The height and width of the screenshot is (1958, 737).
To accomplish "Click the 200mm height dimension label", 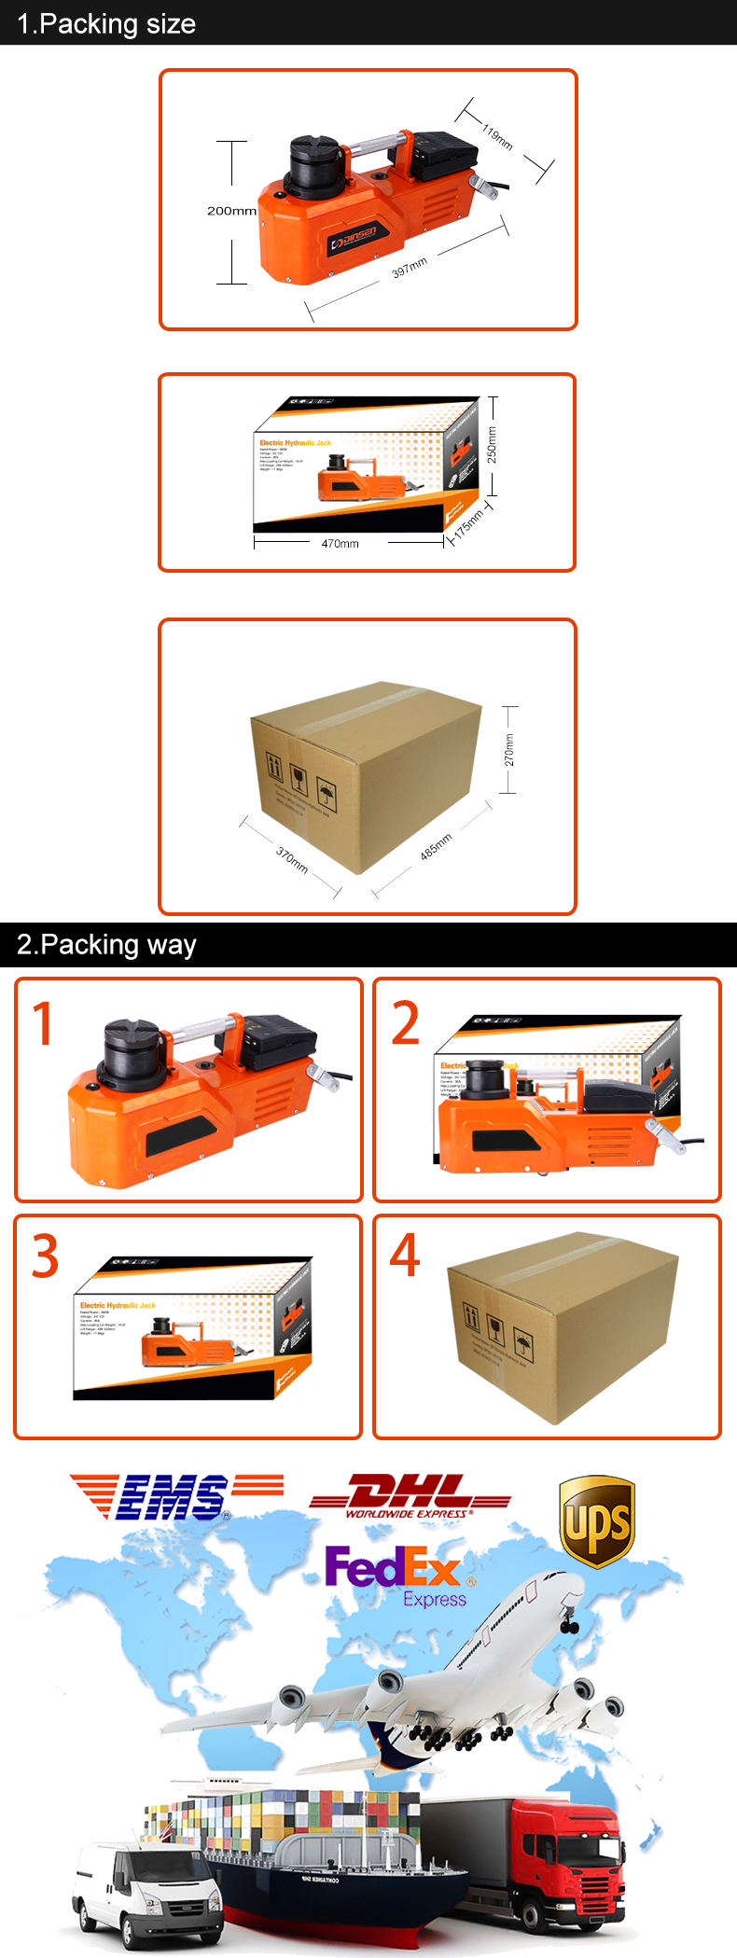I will coord(231,211).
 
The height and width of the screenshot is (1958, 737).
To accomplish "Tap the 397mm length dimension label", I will coord(410,267).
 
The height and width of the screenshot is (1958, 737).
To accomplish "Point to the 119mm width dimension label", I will coord(497,137).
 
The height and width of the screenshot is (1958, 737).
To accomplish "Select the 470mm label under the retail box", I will coord(340,544).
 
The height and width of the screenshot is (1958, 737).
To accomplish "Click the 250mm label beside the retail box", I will coord(492,445).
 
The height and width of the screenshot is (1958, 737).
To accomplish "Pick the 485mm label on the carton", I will coord(436,846).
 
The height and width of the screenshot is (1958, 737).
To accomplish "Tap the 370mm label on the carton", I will coord(292,859).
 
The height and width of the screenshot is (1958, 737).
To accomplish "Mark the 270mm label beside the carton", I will coord(508,750).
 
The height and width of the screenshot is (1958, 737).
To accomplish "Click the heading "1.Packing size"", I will coord(106,23).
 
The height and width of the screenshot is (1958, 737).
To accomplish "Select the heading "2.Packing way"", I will coord(106,945).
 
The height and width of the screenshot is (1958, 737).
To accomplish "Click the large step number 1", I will coord(44,1024).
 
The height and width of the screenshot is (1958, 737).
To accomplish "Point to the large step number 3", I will coord(45,1257).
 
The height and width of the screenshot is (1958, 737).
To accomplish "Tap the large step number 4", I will coord(405,1256).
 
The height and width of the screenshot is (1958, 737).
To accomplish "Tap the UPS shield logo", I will coord(597,1521).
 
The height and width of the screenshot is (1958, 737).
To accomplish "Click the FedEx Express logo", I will coord(398,1576).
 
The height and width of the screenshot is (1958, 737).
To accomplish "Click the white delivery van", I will coord(149,1884).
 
